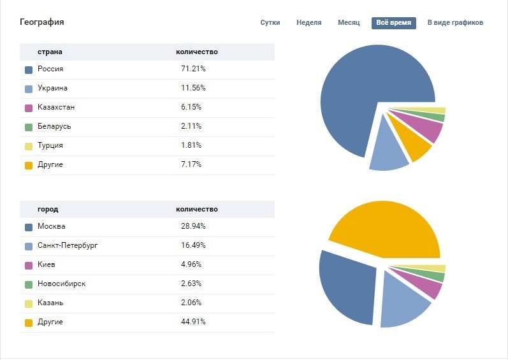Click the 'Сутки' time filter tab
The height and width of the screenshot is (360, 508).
[x=270, y=23]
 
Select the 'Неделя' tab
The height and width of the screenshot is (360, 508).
[x=308, y=23]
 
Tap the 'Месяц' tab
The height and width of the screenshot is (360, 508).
[x=349, y=23]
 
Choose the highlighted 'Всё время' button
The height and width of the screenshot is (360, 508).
[x=393, y=23]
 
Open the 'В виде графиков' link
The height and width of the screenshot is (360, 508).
[x=455, y=23]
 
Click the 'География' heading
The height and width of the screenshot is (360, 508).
[x=42, y=22]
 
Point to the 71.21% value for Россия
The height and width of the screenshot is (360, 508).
[x=193, y=69]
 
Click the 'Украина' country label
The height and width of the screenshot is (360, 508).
[x=52, y=88]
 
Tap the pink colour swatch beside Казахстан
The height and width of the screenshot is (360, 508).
[x=29, y=108]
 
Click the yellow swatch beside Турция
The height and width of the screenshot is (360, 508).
[x=29, y=146]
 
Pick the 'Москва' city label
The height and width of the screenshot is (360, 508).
[x=51, y=226]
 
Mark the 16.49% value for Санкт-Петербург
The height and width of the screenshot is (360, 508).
[x=193, y=245]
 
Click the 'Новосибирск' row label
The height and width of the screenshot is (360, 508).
[x=61, y=284]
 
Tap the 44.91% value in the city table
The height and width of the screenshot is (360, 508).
[x=193, y=322]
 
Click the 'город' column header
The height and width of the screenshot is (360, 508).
[x=48, y=209]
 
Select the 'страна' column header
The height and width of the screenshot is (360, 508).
[x=50, y=52]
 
